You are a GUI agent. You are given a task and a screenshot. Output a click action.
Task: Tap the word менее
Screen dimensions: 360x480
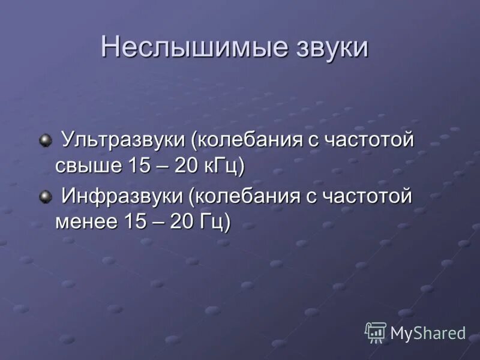coord(88,221)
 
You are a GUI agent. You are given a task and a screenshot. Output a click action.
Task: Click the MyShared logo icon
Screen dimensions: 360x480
coord(376,332)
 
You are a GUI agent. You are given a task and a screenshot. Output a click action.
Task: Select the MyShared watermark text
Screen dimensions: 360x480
coord(428,333)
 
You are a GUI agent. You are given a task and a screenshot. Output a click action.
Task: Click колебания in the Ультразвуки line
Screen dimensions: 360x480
coord(250,142)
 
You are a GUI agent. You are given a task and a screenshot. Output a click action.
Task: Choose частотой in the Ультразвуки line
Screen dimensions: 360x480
coord(370,142)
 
